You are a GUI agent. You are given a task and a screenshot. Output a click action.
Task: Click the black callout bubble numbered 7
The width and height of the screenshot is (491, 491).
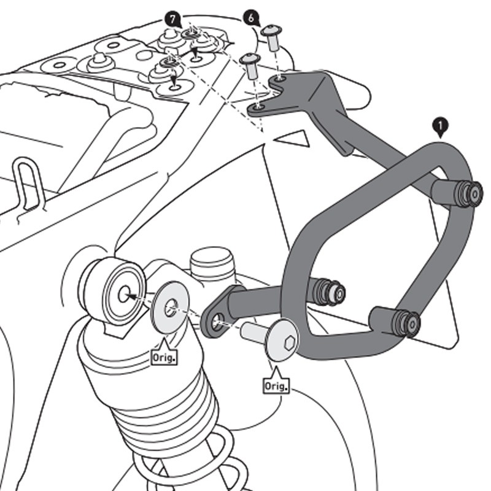coord(174,19)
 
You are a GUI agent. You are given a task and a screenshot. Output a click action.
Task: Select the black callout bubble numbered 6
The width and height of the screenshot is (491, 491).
coord(250,17)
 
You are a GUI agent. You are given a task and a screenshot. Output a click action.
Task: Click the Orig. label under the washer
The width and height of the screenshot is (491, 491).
coord(164,356)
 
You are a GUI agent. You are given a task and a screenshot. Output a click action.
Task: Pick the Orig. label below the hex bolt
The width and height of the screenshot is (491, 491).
coord(276,385)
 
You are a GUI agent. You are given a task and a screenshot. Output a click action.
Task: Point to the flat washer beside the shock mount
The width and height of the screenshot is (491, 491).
coord(170,307)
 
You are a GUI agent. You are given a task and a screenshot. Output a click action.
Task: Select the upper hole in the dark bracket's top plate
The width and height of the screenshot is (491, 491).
coord(280,79)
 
